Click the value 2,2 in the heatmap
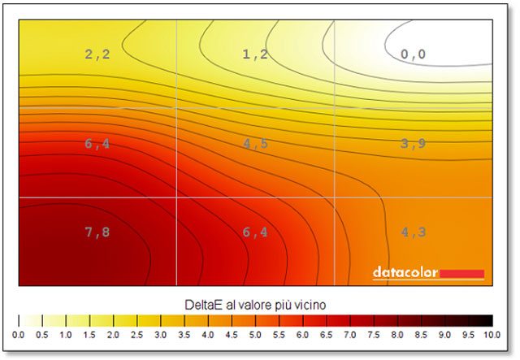click(97, 55)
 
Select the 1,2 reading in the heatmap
click(254, 55)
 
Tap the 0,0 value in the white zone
click(413, 55)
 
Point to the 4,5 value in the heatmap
click(254, 144)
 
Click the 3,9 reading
click(413, 144)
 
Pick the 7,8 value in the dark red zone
click(97, 232)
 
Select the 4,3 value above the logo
click(413, 232)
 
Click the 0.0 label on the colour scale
click(19, 335)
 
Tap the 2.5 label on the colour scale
click(137, 335)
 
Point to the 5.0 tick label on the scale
click(255, 335)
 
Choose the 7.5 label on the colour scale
click(373, 335)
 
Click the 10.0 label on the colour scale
click(490, 335)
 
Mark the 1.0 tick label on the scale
click(67, 335)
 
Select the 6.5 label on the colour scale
click(326, 335)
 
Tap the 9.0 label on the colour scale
click(444, 335)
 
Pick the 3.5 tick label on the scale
click(184, 335)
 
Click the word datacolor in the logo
click(405, 273)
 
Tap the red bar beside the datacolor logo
click(461, 274)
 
